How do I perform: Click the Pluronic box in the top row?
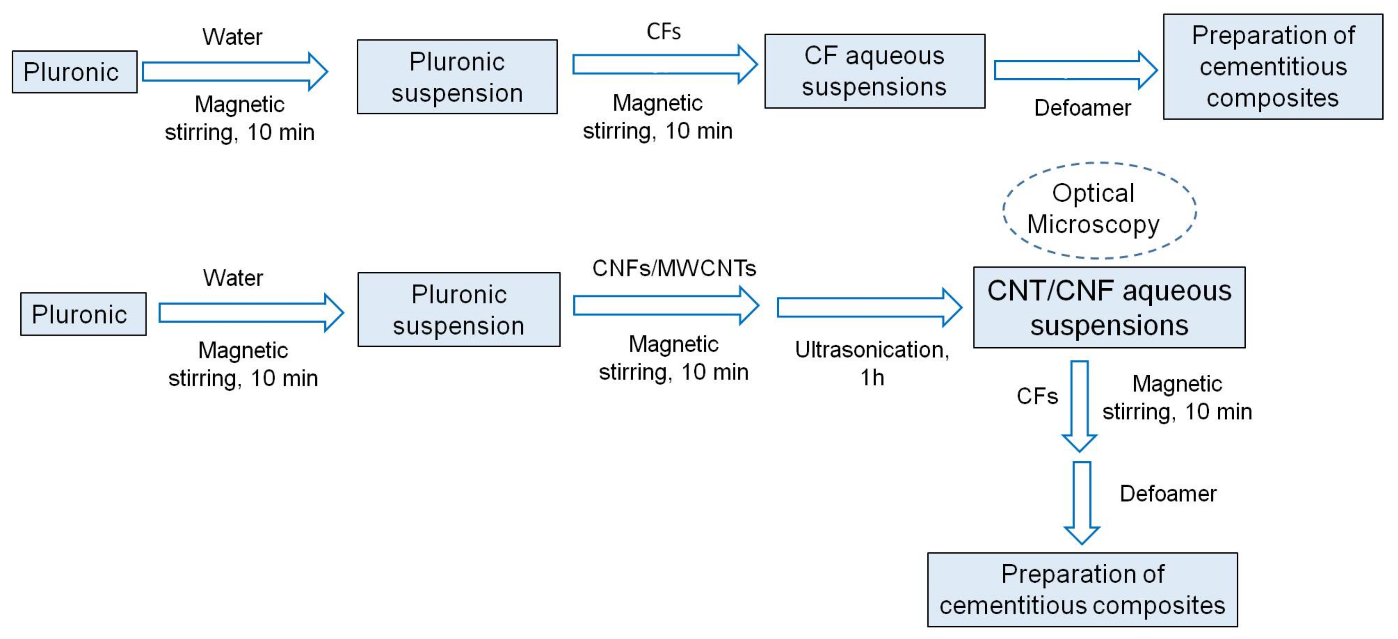pos(74,72)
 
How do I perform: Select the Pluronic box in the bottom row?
pos(83,314)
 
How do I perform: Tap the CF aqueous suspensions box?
pos(874,71)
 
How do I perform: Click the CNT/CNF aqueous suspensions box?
pos(1109,308)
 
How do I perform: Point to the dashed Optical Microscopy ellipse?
pos(1099,210)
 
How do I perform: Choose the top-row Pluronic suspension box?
pos(457,76)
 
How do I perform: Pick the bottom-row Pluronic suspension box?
pos(459,310)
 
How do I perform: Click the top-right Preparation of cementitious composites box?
pos(1273,67)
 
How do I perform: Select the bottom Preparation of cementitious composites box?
pos(1082,590)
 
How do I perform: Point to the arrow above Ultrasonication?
pos(868,308)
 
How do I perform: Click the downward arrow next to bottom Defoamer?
pos(1082,502)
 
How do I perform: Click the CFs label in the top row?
pos(663,31)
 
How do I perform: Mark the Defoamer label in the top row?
pos(1082,108)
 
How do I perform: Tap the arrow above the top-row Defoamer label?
pos(1075,70)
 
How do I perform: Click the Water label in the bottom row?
pos(233,278)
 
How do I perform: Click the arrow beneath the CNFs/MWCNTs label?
pos(665,306)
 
